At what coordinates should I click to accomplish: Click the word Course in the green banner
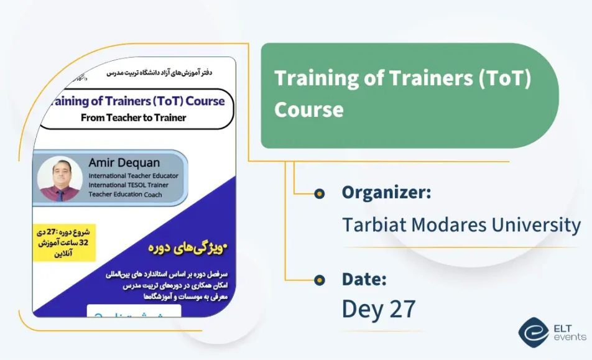pyautogui.click(x=309, y=109)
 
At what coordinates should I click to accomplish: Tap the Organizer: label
pyautogui.click(x=386, y=193)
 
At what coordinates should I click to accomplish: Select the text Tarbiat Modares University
pyautogui.click(x=461, y=224)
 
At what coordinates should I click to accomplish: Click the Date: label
pyautogui.click(x=364, y=279)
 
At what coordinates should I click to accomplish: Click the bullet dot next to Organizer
pyautogui.click(x=320, y=193)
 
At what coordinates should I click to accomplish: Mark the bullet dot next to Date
pyautogui.click(x=320, y=279)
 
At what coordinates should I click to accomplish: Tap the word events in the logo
pyautogui.click(x=570, y=337)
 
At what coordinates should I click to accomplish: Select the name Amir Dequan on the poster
pyautogui.click(x=124, y=163)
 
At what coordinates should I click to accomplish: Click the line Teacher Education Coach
pyautogui.click(x=125, y=194)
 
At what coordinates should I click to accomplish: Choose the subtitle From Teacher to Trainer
pyautogui.click(x=133, y=118)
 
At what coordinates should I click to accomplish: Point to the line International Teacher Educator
pyautogui.click(x=133, y=175)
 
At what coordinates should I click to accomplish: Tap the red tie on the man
pyautogui.click(x=60, y=194)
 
